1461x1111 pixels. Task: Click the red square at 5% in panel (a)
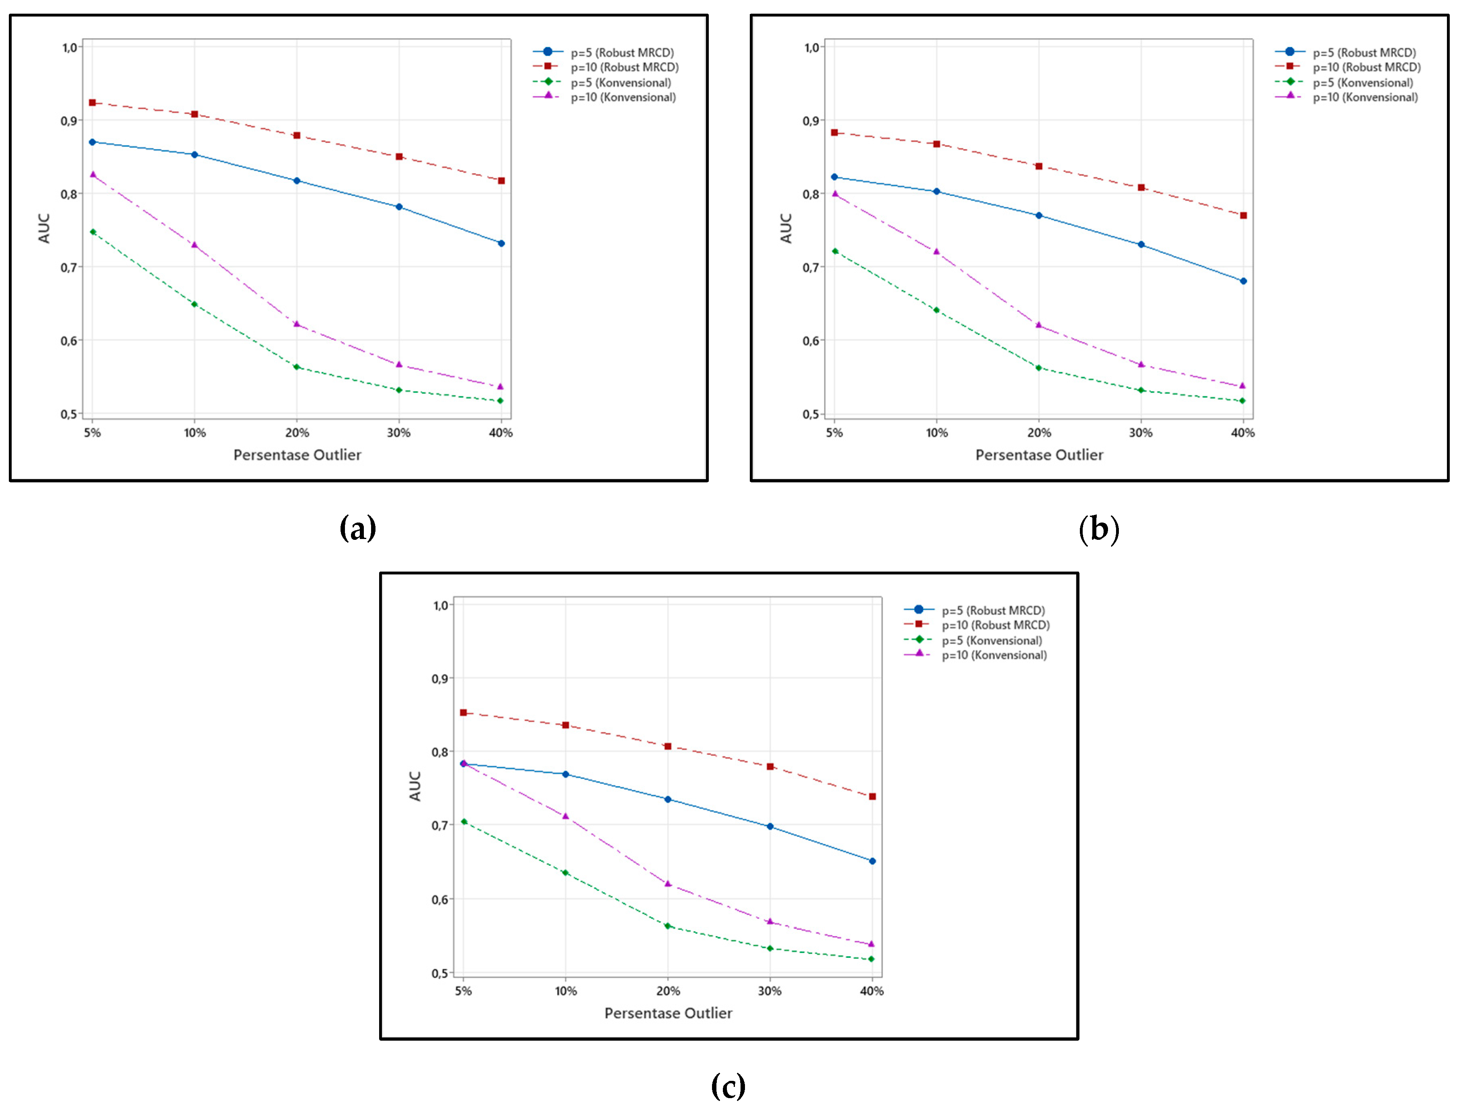pos(92,102)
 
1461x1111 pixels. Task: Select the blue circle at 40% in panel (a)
pos(501,243)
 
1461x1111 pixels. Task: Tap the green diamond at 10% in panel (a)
pos(195,304)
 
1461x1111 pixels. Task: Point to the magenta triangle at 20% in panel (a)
pos(297,324)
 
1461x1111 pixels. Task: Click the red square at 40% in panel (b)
pos(1243,215)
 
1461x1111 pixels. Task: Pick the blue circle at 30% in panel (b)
pos(1141,245)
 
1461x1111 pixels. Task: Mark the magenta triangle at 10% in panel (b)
pos(936,251)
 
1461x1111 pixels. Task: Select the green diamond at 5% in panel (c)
pos(464,821)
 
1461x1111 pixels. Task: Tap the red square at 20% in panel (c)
pos(668,746)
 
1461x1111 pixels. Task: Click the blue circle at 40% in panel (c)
pos(872,861)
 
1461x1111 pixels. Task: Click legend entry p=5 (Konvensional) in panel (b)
pos(1363,83)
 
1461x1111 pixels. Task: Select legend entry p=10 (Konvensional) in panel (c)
pos(994,655)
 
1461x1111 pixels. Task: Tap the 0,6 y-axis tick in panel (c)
pos(440,900)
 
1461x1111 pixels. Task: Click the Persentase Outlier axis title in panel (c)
pos(668,1013)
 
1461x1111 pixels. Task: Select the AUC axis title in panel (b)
pos(786,228)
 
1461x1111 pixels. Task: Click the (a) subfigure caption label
pos(358,529)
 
